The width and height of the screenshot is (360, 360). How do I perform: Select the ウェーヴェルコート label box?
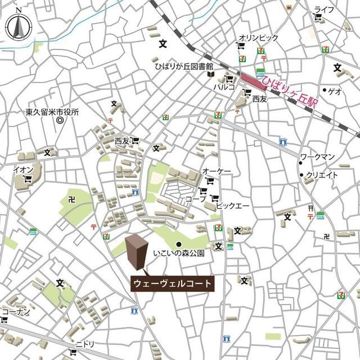pyautogui.click(x=173, y=283)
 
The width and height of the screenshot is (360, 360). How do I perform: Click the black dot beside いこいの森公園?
pyautogui.click(x=179, y=244)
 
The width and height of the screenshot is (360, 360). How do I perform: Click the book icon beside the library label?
pyautogui.click(x=210, y=73)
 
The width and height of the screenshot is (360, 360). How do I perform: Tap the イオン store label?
pyautogui.click(x=24, y=169)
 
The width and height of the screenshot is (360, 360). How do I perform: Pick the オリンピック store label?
pyautogui.click(x=258, y=38)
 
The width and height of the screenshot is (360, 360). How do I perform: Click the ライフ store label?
pyautogui.click(x=324, y=10)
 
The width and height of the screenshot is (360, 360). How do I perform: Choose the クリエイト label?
pyautogui.click(x=322, y=175)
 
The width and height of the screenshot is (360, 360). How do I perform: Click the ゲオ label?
pyautogui.click(x=335, y=91)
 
